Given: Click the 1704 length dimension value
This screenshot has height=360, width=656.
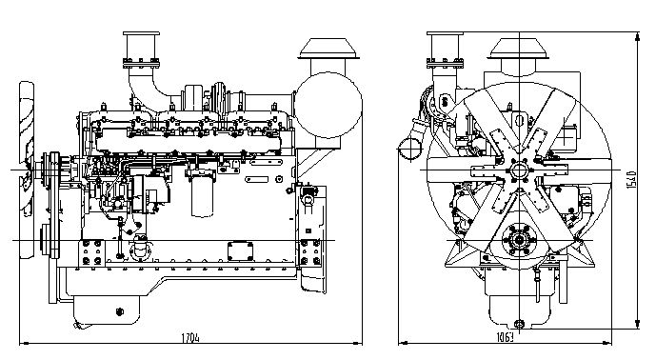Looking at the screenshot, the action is tap(190, 337).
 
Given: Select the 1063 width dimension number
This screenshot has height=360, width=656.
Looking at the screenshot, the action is tap(505, 337).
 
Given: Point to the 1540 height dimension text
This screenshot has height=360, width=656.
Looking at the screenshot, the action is tap(632, 180).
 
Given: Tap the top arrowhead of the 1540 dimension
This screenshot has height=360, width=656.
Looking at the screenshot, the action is tap(637, 37).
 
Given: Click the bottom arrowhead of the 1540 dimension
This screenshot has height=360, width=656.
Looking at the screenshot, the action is tap(637, 324).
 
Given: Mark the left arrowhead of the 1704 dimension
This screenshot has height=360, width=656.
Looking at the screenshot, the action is tap(24, 343).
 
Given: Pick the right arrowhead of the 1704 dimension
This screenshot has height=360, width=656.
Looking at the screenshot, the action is tap(357, 343).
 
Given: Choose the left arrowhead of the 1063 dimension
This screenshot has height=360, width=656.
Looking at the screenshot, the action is tap(404, 343).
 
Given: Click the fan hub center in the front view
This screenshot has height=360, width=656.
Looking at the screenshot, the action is tap(519, 170).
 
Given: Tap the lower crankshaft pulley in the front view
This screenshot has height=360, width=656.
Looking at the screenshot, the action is tap(519, 240).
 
